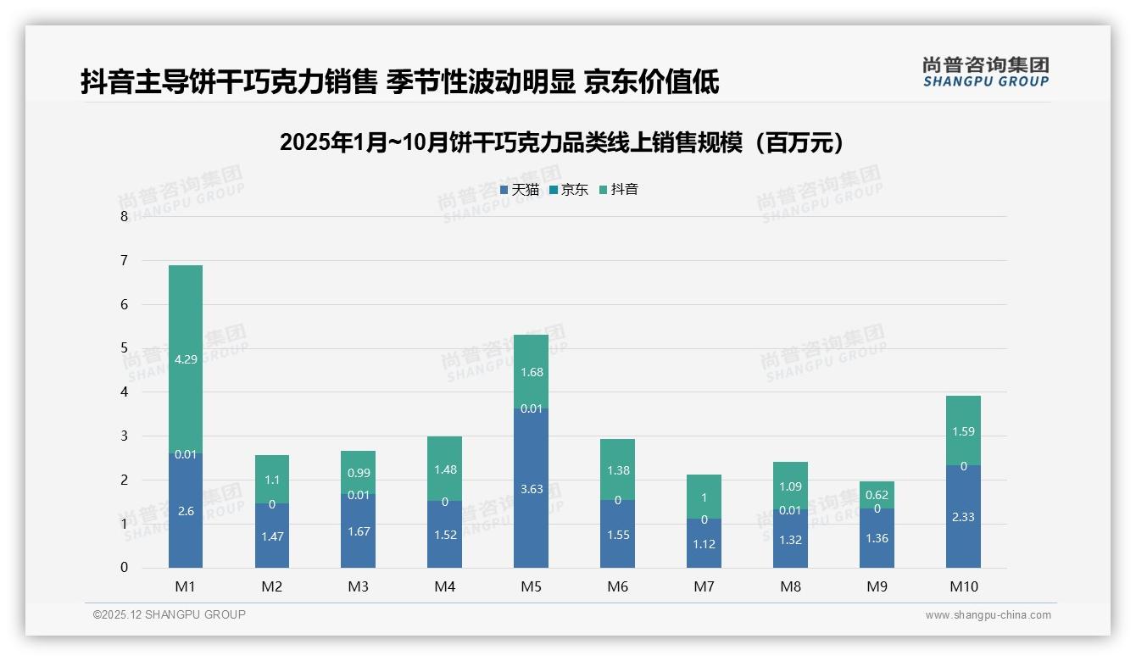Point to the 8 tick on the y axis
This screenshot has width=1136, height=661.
pyautogui.click(x=125, y=217)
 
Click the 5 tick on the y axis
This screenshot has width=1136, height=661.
pyautogui.click(x=125, y=348)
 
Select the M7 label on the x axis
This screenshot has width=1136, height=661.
pyautogui.click(x=704, y=586)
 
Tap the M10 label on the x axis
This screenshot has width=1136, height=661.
pyautogui.click(x=963, y=586)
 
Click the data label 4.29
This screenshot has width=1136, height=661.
pyautogui.click(x=186, y=359)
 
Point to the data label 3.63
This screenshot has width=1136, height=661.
pyautogui.click(x=531, y=489)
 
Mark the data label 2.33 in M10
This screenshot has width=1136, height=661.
pyautogui.click(x=963, y=517)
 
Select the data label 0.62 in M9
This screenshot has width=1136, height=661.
pyautogui.click(x=877, y=494)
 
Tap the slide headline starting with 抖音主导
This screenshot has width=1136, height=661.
pyautogui.click(x=399, y=82)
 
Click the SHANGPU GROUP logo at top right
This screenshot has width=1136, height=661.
pyautogui.click(x=985, y=72)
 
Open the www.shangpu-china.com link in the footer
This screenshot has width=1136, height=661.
pyautogui.click(x=988, y=615)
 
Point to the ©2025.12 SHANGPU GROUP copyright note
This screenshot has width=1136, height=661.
pyautogui.click(x=170, y=615)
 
